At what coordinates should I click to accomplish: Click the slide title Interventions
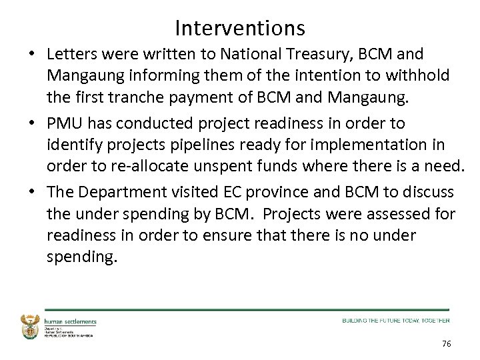pos(240,27)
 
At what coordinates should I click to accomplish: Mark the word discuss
pos(429,193)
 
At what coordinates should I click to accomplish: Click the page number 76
pos(446,344)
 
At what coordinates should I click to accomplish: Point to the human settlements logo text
pos(70,321)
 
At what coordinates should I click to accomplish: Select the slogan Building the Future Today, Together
pos(395,321)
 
